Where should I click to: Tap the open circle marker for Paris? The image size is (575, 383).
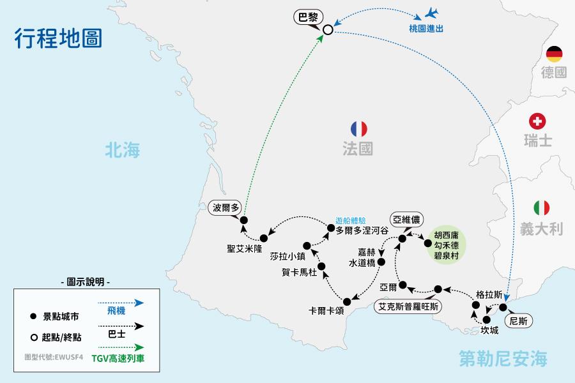(x=328, y=29)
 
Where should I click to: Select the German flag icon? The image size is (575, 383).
(x=553, y=53)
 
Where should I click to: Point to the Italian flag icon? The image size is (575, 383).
(x=542, y=207)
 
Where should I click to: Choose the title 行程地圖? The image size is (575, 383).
(x=57, y=37)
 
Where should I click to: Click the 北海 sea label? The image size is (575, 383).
(x=123, y=150)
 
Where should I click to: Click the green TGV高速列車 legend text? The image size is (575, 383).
(x=118, y=358)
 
